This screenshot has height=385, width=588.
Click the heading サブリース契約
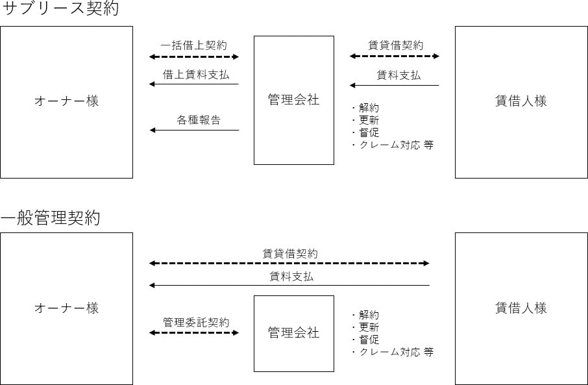pyautogui.click(x=60, y=8)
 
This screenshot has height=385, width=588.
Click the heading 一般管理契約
pyautogui.click(x=50, y=217)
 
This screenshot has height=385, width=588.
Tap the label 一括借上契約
pyautogui.click(x=194, y=45)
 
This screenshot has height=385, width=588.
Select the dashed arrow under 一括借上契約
pyautogui.click(x=194, y=56)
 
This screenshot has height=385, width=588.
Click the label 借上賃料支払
pyautogui.click(x=196, y=75)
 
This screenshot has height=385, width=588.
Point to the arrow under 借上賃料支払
pyautogui.click(x=194, y=84)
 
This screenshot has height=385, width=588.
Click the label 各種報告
pyautogui.click(x=199, y=120)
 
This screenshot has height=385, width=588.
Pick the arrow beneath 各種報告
pyautogui.click(x=194, y=130)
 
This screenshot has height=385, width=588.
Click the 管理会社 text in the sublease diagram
pyautogui.click(x=293, y=100)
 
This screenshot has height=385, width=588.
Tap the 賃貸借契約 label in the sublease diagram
pyautogui.click(x=396, y=45)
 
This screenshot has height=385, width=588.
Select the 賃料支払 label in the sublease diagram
pyautogui.click(x=398, y=75)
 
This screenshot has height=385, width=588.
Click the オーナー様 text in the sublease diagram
pyautogui.click(x=66, y=101)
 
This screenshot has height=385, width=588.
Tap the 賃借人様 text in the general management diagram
pyautogui.click(x=521, y=308)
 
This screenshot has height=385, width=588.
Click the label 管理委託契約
pyautogui.click(x=196, y=322)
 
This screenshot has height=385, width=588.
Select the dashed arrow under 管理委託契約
pyautogui.click(x=194, y=332)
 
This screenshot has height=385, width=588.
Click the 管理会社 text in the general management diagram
pyautogui.click(x=293, y=333)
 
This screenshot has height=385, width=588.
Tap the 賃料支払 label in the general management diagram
pyautogui.click(x=291, y=277)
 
